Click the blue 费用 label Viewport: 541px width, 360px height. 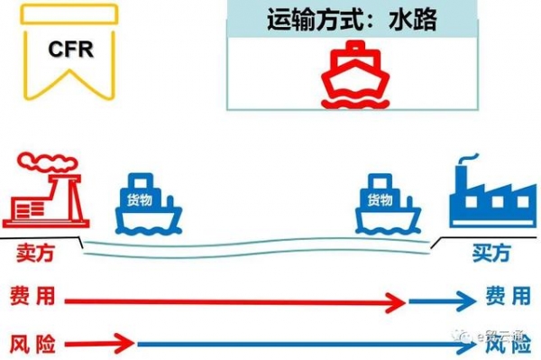pos(507,297)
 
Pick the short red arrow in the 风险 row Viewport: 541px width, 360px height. pos(99,344)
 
